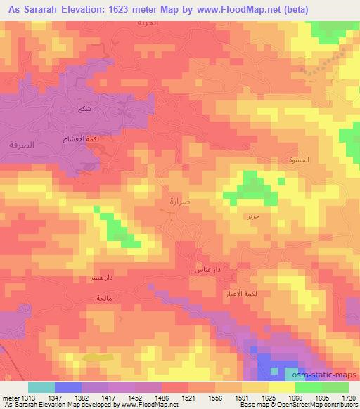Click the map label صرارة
180,201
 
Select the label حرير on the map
252,216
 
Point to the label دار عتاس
208,269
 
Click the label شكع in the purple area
84,109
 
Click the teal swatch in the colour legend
41,387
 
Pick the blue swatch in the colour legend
68,387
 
